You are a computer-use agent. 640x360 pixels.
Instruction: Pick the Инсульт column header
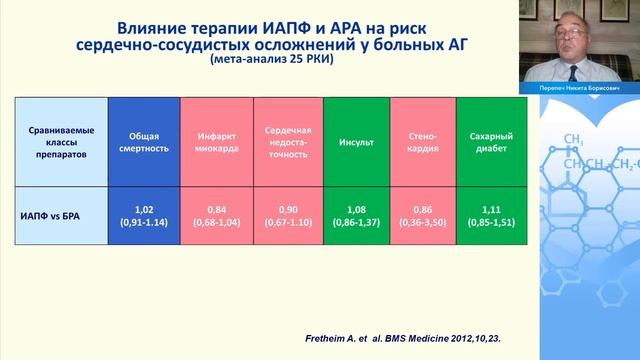pos(355,142)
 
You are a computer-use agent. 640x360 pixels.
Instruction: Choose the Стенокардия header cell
pos(421,142)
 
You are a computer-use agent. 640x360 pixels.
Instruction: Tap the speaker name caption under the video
pos(582,88)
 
